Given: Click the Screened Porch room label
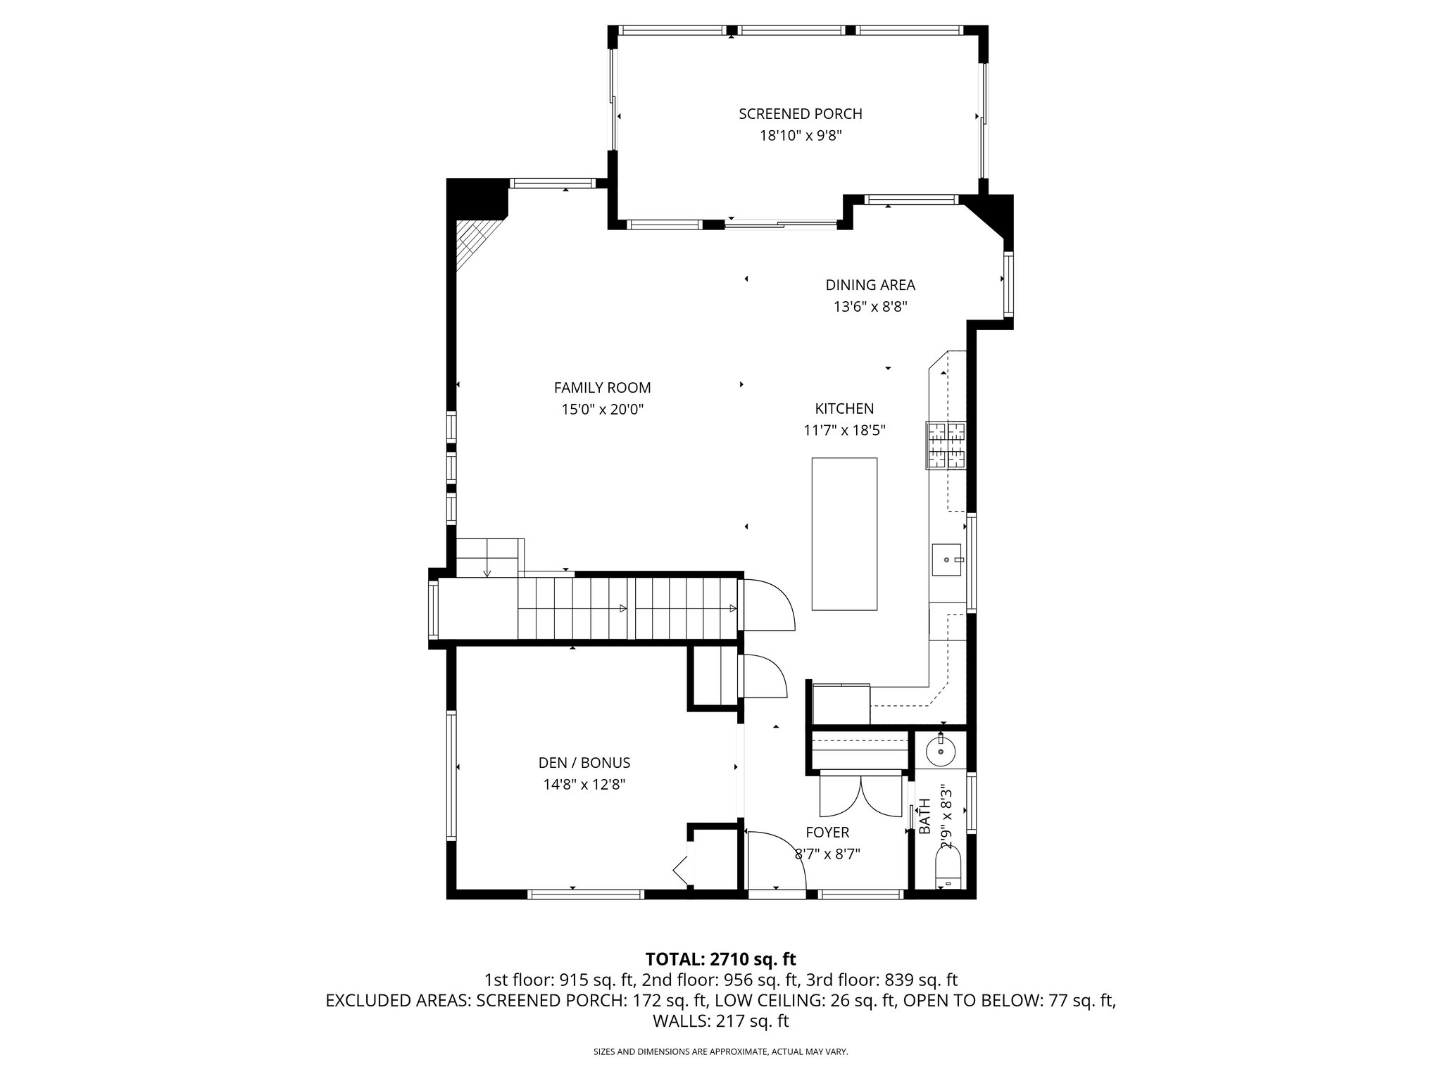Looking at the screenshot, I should coord(800,114).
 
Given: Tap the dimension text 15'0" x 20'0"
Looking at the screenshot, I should coord(602,410).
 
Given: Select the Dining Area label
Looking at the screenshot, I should coord(870,285).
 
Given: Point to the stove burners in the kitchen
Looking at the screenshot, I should coord(946,445).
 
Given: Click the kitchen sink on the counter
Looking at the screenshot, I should coord(948,560).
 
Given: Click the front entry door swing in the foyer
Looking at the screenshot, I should coord(775,862).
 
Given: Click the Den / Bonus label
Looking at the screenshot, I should coord(584,763).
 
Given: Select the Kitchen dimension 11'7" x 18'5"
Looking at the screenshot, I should coord(844,430).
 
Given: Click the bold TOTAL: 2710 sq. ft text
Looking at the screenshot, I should coord(720,959).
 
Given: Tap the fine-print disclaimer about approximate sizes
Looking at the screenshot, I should coord(720,1051).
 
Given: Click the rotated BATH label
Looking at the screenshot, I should coord(924,816).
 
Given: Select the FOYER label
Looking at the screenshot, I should coord(827,833).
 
